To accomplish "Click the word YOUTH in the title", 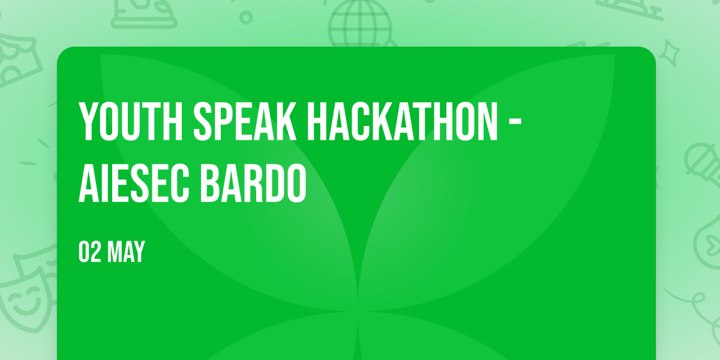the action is (x=131, y=121).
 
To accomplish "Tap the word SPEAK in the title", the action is (x=245, y=121).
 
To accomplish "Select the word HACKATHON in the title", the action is (x=403, y=121).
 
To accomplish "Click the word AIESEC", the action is (x=134, y=183).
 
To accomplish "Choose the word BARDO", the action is (x=253, y=183).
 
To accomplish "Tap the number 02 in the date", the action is (x=89, y=251).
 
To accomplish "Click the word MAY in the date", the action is (x=125, y=251).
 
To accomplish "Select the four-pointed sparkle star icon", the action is (x=669, y=53).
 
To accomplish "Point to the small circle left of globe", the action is (x=246, y=17).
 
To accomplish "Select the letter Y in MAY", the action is (x=139, y=251).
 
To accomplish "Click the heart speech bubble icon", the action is (x=709, y=242).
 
